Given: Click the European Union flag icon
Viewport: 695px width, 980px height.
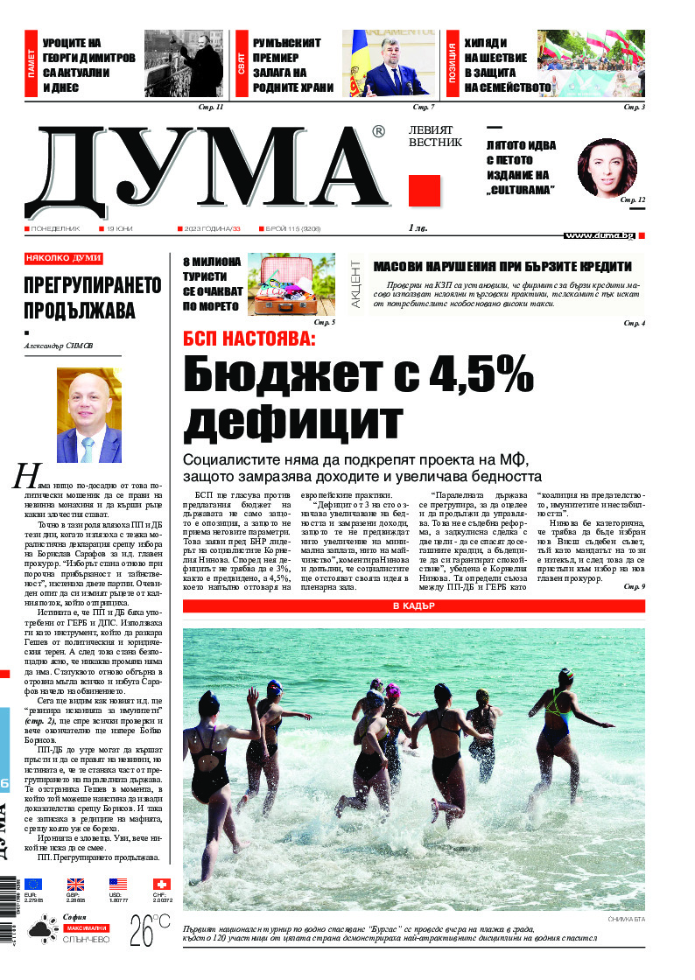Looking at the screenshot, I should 32,885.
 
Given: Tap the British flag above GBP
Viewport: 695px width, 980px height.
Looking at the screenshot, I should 75,885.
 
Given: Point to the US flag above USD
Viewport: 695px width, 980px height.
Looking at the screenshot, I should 118,885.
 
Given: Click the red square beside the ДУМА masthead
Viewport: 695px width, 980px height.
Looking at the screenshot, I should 424,190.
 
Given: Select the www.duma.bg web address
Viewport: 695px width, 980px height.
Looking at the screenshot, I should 600,235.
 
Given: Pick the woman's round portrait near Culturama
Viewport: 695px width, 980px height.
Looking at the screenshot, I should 607,168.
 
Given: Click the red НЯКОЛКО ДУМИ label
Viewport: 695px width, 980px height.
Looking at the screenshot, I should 64,259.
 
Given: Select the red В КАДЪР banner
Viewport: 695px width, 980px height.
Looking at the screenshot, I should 413,606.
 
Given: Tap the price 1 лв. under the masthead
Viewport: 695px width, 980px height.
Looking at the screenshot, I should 421,227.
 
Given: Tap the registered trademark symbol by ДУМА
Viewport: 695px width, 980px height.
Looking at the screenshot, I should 377,132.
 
